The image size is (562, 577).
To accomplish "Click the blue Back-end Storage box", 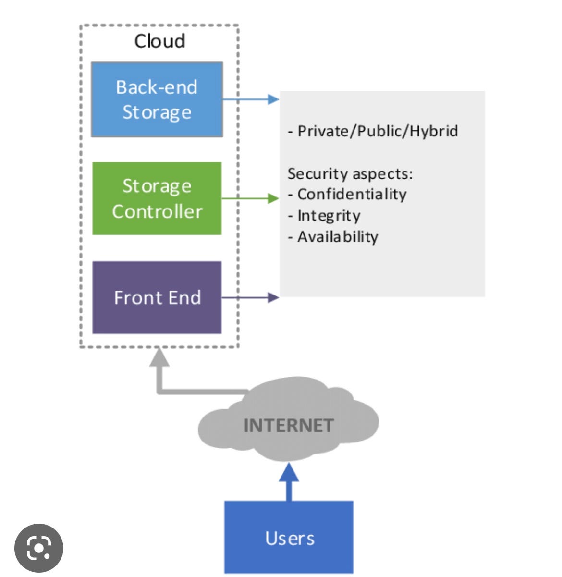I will click(x=157, y=99).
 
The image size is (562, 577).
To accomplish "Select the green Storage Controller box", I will click(x=157, y=198).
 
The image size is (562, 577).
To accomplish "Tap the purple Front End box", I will click(x=157, y=297).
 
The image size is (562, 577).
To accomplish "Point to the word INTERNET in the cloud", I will click(x=288, y=426).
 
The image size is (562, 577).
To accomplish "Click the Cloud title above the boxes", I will click(x=159, y=41).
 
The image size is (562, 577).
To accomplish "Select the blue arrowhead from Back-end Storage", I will click(x=273, y=99).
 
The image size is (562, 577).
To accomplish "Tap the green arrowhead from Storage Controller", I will click(x=273, y=198).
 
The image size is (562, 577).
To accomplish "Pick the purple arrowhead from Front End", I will click(x=273, y=297).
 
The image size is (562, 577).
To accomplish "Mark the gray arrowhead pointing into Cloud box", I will click(x=159, y=358).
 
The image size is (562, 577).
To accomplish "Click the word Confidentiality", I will click(x=352, y=194).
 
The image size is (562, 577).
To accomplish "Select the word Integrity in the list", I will click(x=329, y=216).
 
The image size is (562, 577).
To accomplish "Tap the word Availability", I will click(x=338, y=237).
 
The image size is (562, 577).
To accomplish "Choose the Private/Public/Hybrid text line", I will click(x=373, y=131).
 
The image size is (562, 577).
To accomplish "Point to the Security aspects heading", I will click(x=350, y=173).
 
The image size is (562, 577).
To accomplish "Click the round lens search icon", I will click(x=39, y=548).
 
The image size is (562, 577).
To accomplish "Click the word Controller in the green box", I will click(x=157, y=211).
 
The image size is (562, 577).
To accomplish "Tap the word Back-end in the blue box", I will click(x=157, y=87).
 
